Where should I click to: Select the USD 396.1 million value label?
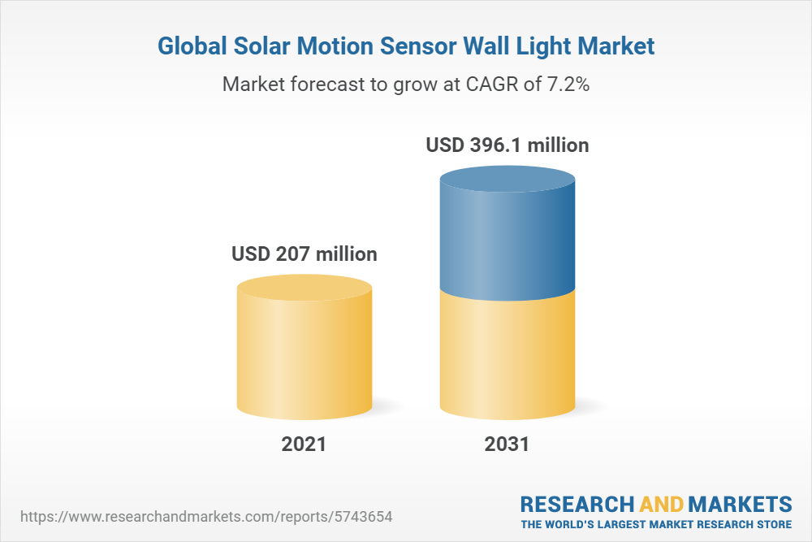[508, 145]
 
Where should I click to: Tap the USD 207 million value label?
[304, 254]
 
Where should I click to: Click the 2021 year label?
[304, 444]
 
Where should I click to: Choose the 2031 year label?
[507, 444]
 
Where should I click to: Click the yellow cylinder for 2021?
[304, 358]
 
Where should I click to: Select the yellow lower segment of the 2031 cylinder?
[507, 358]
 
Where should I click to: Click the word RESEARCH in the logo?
[572, 504]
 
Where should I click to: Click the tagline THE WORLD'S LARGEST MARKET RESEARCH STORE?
[656, 524]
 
